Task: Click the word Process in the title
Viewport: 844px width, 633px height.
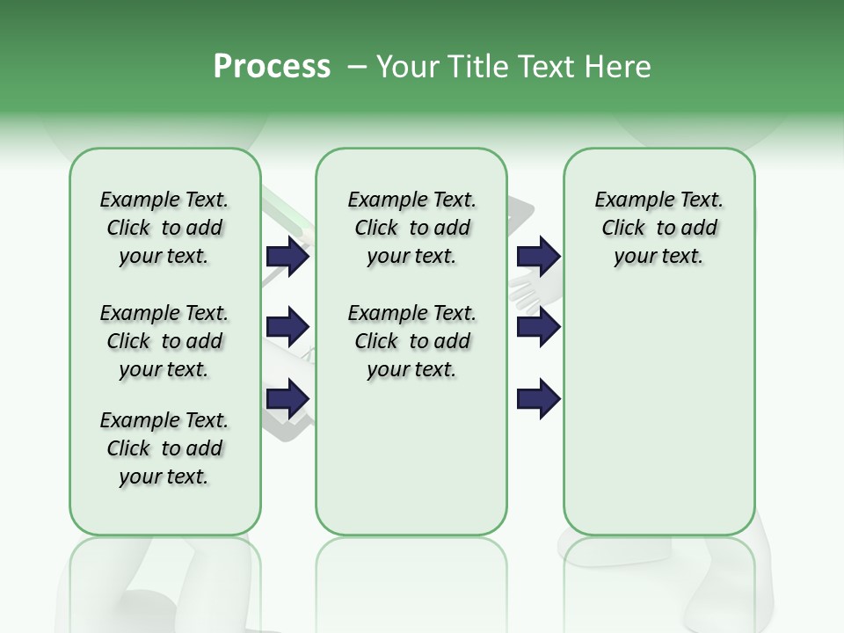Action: (x=272, y=67)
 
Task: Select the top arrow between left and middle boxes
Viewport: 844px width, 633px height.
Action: (x=287, y=256)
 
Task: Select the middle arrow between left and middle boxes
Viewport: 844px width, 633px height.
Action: (x=287, y=327)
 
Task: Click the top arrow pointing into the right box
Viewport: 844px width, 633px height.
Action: (x=538, y=256)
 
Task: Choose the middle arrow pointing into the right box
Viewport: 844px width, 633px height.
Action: (x=538, y=327)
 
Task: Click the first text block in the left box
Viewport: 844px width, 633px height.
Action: (x=164, y=228)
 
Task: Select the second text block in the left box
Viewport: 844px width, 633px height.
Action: (x=164, y=341)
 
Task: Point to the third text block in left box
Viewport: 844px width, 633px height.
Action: (x=164, y=448)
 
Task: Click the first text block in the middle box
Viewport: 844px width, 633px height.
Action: (x=411, y=228)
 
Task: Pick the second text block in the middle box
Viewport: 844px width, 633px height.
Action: (x=411, y=341)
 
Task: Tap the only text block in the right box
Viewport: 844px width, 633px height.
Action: (x=658, y=228)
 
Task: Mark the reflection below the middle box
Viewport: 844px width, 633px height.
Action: (x=411, y=571)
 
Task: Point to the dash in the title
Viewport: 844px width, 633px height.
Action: (x=356, y=67)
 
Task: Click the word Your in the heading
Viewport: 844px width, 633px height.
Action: (x=409, y=67)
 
